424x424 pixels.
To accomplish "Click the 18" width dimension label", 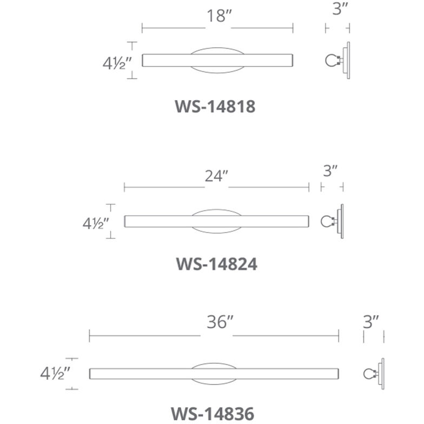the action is [x=220, y=16].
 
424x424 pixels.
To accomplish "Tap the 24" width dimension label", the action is [x=216, y=176].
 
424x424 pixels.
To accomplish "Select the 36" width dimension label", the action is [x=220, y=322].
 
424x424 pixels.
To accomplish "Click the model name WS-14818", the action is [x=215, y=106].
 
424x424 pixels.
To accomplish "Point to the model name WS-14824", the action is [x=216, y=264].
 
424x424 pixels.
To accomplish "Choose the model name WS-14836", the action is [x=213, y=413].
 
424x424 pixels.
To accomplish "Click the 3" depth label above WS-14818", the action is [x=340, y=9].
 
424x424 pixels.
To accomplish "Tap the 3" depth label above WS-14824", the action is [x=330, y=171].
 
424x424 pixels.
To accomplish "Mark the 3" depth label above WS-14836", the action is [x=371, y=322].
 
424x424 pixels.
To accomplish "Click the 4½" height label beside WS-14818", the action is [x=117, y=64].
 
